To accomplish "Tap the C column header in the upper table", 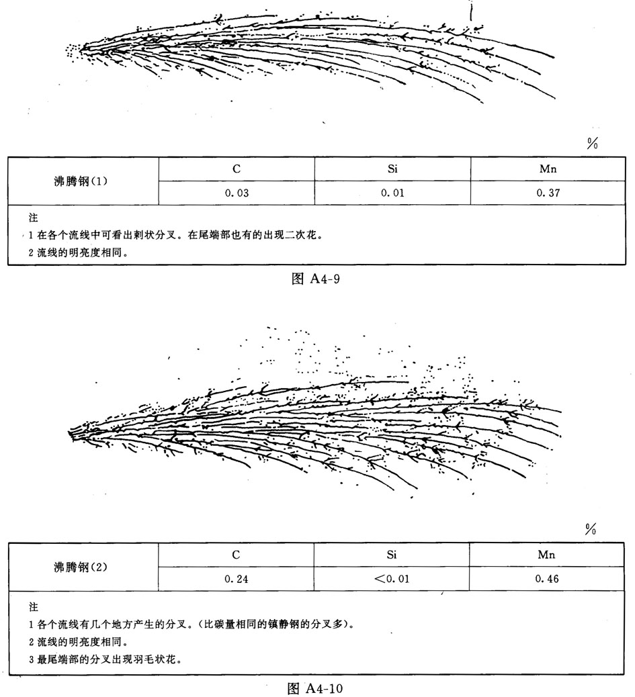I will pyautogui.click(x=237, y=169).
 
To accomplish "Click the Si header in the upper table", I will pyautogui.click(x=392, y=169).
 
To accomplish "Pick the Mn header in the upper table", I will pyautogui.click(x=548, y=169).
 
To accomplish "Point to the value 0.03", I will pyautogui.click(x=237, y=193).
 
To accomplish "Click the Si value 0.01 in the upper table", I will pyautogui.click(x=392, y=193).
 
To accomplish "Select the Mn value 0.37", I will pyautogui.click(x=548, y=193).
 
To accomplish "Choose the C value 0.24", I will pyautogui.click(x=237, y=579).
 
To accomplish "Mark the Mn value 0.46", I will pyautogui.click(x=548, y=579).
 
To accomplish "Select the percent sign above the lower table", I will pyautogui.click(x=591, y=530).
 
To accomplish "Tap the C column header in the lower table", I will pyautogui.click(x=237, y=555).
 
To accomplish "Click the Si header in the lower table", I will pyautogui.click(x=392, y=555).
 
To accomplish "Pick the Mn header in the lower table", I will pyautogui.click(x=548, y=555).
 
